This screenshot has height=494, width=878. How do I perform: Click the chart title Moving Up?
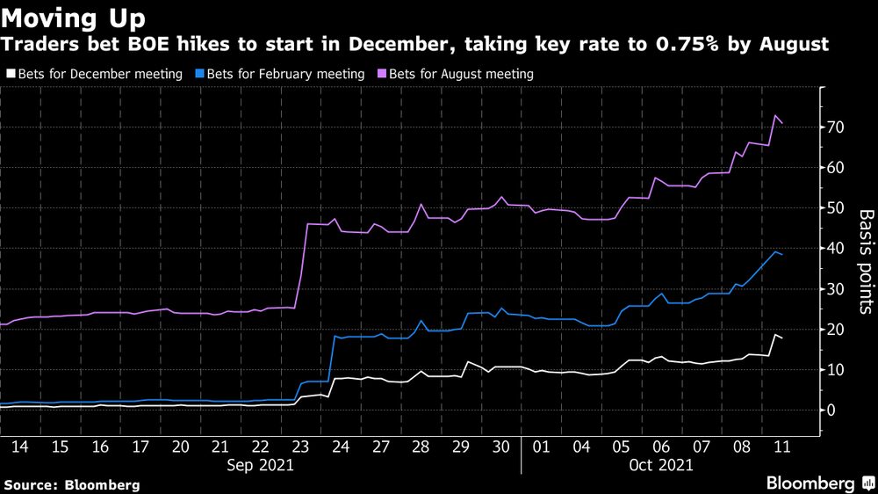pyautogui.click(x=74, y=17)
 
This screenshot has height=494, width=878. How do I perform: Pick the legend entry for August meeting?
pyautogui.click(x=456, y=75)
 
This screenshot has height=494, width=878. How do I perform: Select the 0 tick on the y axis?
pyautogui.click(x=829, y=410)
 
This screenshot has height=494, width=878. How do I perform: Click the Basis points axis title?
pyautogui.click(x=865, y=261)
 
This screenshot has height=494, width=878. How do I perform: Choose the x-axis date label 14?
pyautogui.click(x=20, y=447)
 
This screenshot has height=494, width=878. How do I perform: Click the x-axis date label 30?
pyautogui.click(x=501, y=447)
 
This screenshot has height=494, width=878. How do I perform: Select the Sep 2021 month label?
pyautogui.click(x=261, y=464)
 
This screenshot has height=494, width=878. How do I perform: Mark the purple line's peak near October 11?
pyautogui.click(x=775, y=115)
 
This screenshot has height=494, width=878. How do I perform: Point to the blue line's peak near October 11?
pyautogui.click(x=775, y=252)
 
